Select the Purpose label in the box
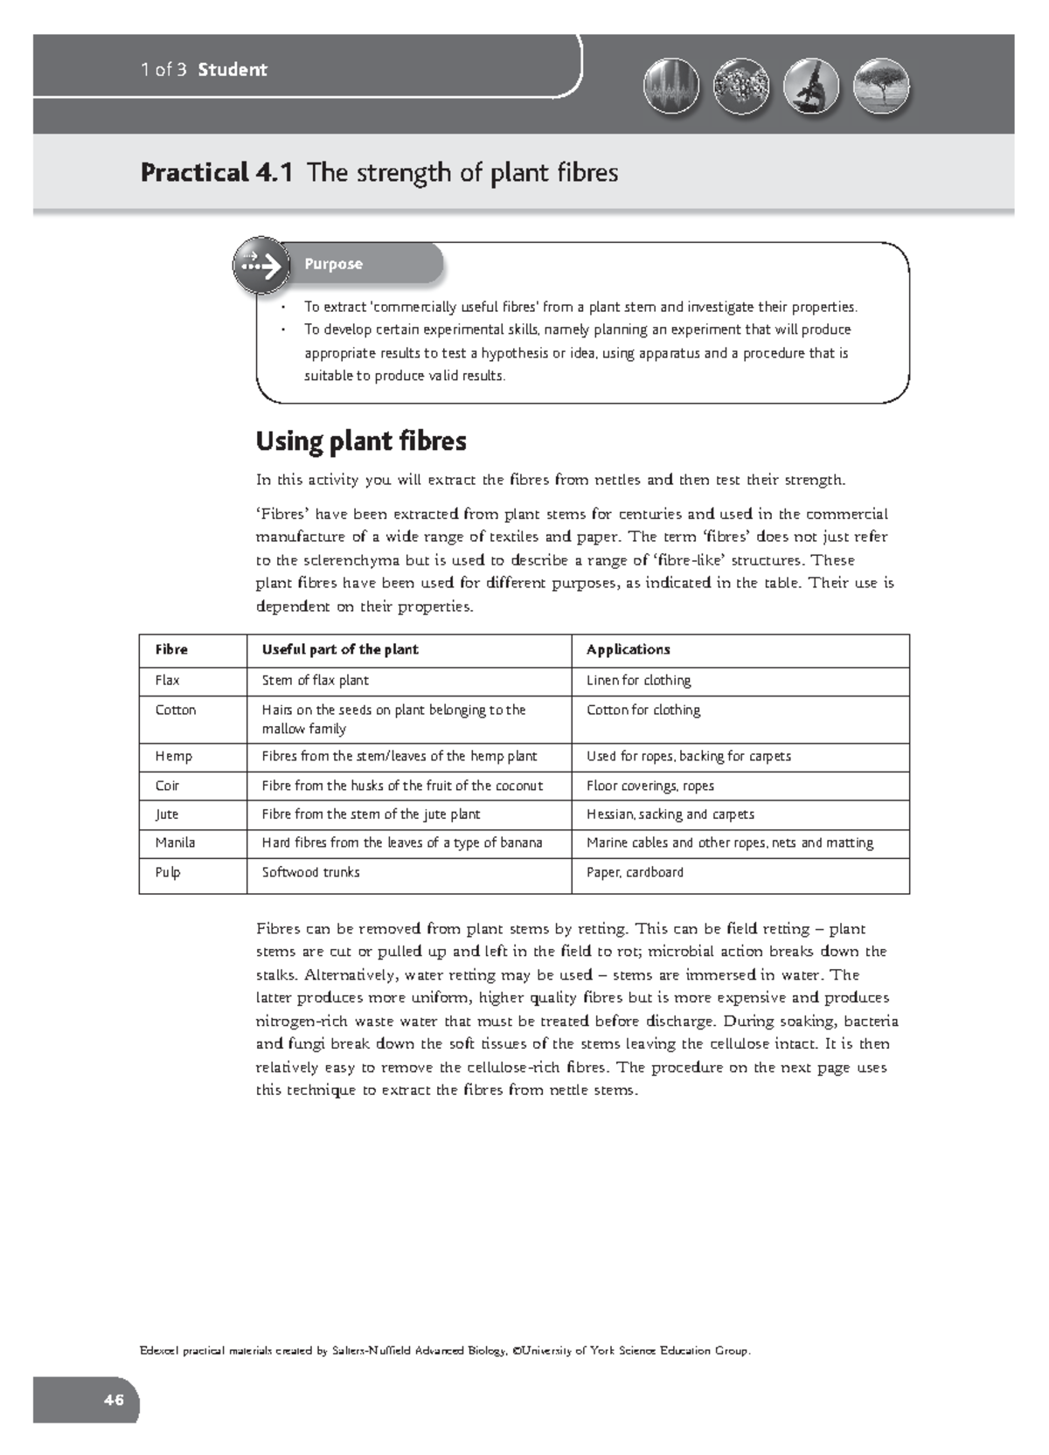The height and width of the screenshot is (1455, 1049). [333, 264]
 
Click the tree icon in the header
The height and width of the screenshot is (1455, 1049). [880, 88]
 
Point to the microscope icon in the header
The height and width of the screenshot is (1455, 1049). [811, 88]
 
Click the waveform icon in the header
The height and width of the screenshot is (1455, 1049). [670, 88]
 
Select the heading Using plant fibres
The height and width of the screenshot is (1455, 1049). [361, 441]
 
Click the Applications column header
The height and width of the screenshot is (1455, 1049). [628, 649]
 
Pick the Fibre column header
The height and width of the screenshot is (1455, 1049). [171, 649]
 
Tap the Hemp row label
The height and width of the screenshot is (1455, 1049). [173, 756]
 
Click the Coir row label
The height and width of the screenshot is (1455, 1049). [167, 786]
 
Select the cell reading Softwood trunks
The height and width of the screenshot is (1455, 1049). [310, 872]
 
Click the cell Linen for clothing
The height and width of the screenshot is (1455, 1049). [638, 680]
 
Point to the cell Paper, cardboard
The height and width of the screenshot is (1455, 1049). [635, 872]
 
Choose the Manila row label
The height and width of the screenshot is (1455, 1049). [175, 842]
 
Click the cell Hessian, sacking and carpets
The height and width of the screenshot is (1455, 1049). [670, 814]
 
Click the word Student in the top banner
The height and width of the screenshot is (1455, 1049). [233, 70]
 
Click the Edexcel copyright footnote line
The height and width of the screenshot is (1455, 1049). [445, 1351]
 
